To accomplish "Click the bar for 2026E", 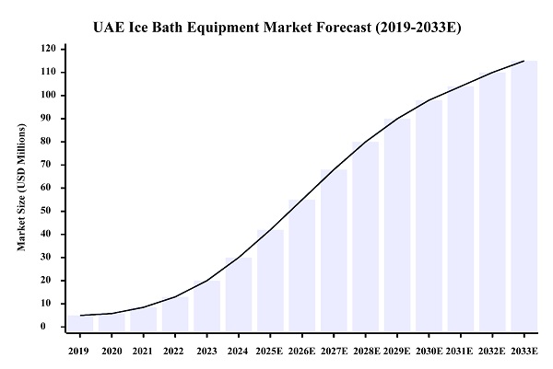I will point(302,263).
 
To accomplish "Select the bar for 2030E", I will point(429,213).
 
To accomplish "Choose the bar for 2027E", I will point(334,248).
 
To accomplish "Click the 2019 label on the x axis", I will point(79,351).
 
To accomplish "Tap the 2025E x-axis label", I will point(270,351).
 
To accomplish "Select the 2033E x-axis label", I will point(524,351).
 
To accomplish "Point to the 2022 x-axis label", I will point(175,351).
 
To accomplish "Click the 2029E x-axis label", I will point(397,351).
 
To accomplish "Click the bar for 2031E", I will point(461,207).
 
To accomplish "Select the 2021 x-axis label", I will point(143,351).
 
